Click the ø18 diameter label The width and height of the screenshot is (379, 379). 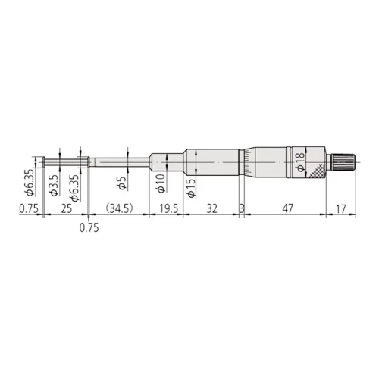[x=301, y=162]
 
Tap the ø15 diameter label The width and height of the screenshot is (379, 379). [x=191, y=188]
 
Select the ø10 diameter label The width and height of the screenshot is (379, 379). [x=161, y=183]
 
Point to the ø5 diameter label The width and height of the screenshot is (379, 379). [x=122, y=183]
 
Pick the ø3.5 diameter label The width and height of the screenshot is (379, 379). [x=55, y=185]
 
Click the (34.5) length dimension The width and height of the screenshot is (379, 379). [x=119, y=208]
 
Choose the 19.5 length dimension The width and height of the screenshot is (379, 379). [x=168, y=208]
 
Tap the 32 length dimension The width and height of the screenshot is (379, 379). [x=211, y=208]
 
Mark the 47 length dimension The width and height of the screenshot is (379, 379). [x=287, y=208]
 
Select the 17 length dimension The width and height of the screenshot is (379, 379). [x=340, y=208]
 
